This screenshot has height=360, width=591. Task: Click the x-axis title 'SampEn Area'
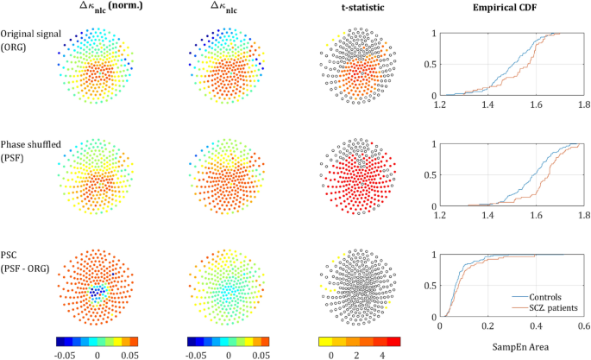[x=511, y=346]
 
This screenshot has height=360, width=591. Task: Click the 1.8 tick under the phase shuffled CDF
[x=583, y=215]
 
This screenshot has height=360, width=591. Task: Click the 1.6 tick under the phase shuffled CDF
[x=536, y=215]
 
